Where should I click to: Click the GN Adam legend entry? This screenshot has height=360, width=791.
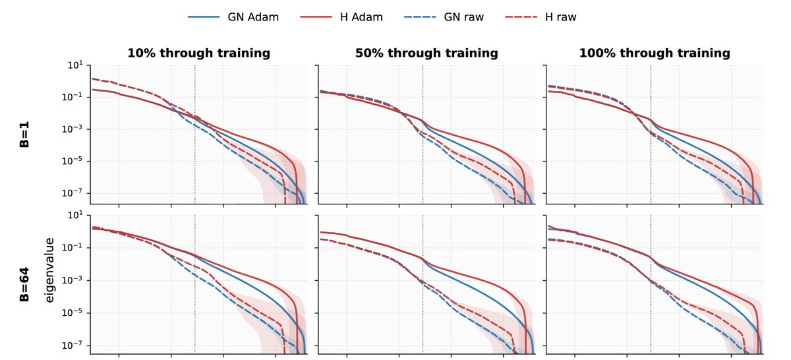[x=233, y=17]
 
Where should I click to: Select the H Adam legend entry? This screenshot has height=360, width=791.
[x=341, y=17]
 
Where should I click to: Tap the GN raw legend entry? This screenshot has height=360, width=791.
[x=444, y=17]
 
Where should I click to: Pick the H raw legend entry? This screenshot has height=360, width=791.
[x=541, y=17]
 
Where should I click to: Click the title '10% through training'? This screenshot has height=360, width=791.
[x=199, y=53]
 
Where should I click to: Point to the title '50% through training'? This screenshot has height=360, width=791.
[x=426, y=53]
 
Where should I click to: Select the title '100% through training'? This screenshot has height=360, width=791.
[x=655, y=53]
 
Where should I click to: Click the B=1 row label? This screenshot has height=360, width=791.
[x=24, y=135]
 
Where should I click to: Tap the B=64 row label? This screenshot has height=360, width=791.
[x=24, y=284]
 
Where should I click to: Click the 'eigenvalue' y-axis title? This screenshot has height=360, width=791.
[x=49, y=270]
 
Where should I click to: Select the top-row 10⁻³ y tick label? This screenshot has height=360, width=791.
[x=73, y=129]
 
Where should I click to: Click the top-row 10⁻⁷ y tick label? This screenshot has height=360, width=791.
[x=73, y=193]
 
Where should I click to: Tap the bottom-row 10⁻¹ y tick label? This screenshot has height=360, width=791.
[x=73, y=248]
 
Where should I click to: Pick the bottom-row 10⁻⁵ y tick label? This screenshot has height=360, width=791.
[x=73, y=313]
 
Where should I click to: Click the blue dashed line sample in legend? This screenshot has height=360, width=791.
[x=421, y=17]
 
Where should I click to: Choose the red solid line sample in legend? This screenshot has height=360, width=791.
[x=316, y=17]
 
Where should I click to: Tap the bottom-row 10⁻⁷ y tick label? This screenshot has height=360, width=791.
[x=73, y=345]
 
